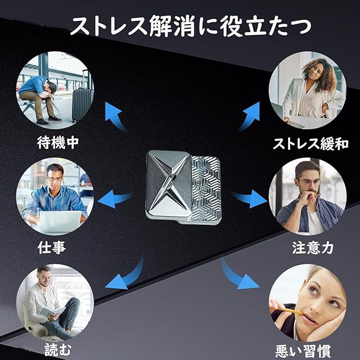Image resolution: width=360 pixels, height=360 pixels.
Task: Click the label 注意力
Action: pos(308,247)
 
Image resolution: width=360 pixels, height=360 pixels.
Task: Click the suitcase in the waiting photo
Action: pos(82,104)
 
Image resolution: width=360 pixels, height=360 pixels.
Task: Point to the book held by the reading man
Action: pos(51,310)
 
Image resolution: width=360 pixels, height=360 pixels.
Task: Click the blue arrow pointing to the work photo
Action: pos(115,197)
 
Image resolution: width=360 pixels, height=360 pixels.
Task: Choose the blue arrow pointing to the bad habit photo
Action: pos(239,275)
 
